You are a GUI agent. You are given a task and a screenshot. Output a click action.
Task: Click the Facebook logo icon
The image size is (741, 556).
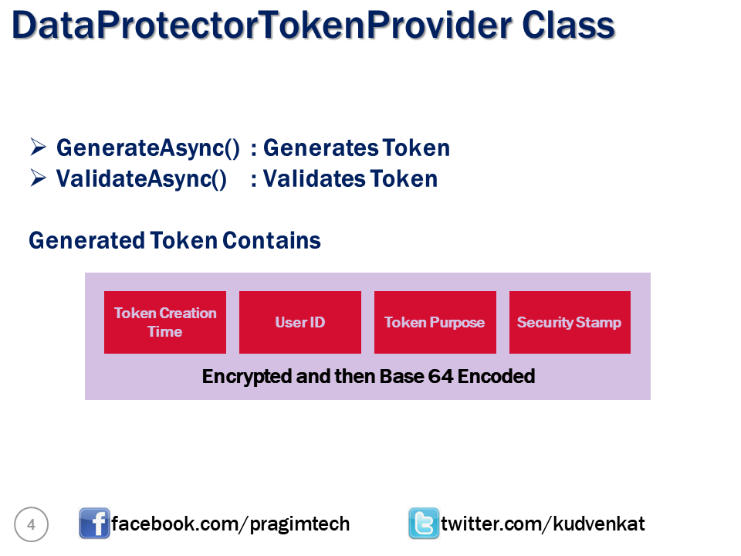point(94,524)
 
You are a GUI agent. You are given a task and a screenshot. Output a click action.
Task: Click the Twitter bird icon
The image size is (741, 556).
point(424,524)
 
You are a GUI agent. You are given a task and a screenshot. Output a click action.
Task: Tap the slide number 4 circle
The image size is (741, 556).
point(31,525)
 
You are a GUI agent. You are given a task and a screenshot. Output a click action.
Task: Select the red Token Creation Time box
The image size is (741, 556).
point(165,322)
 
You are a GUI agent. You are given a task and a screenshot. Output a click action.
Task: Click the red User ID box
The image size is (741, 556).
point(300,322)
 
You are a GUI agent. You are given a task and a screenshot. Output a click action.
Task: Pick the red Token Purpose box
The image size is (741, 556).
point(435,322)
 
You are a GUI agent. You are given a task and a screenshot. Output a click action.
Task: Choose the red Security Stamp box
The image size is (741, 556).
point(570,322)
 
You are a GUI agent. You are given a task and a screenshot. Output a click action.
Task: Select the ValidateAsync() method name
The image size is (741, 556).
point(141,179)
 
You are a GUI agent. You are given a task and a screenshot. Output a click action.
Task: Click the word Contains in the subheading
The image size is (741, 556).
point(272,240)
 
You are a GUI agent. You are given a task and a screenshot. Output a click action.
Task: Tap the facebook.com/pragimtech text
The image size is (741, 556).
point(231,524)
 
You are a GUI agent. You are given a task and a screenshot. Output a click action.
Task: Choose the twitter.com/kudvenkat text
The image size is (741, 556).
point(543,524)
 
